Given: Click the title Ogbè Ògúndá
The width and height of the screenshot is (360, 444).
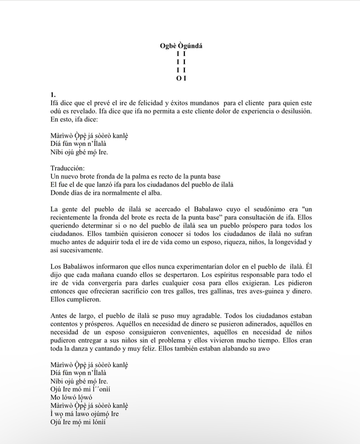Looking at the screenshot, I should click(181, 46).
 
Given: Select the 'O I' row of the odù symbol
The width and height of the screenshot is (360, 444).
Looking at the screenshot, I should click(181, 79).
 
